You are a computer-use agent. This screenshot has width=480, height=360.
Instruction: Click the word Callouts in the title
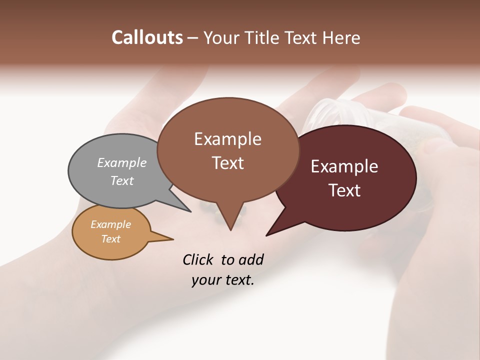click(147, 37)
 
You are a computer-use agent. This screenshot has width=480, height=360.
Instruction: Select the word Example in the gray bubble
click(121, 162)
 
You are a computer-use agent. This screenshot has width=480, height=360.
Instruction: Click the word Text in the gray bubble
click(121, 180)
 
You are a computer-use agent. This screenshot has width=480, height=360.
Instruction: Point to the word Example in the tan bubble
click(110, 224)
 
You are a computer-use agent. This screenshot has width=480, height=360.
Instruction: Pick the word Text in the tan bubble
click(110, 239)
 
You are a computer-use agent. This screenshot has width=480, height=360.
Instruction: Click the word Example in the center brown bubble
click(227, 138)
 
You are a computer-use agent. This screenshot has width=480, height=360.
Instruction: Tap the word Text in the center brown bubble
click(227, 162)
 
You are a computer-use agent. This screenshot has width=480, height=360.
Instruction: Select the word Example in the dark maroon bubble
click(344, 166)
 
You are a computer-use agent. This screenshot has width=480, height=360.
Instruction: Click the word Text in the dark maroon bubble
click(344, 190)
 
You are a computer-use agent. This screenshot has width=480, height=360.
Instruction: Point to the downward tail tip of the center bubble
click(230, 229)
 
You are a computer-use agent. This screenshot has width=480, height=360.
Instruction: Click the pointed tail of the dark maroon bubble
click(267, 234)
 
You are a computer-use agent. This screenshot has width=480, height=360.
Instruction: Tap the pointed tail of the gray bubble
click(190, 211)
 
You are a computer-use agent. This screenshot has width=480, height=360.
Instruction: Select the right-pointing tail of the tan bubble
click(172, 239)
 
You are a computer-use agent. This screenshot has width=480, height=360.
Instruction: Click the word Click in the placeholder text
click(199, 259)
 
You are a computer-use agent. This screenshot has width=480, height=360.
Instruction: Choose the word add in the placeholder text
click(251, 259)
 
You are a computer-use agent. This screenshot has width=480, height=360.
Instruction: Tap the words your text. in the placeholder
click(222, 280)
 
